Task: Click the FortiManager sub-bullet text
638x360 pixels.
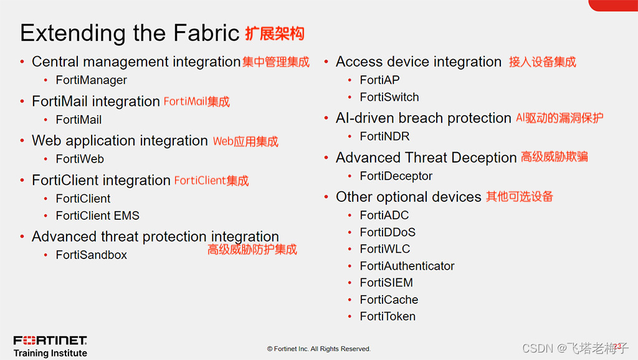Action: [91, 80]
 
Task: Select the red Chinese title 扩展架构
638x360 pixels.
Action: [275, 33]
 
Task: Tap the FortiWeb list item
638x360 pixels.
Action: [80, 159]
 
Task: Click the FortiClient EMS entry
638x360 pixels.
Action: [97, 216]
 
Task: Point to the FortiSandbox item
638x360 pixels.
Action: [91, 255]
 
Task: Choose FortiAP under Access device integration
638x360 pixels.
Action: [379, 80]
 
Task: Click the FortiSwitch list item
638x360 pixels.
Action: [389, 97]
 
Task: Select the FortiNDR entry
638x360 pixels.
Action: [384, 136]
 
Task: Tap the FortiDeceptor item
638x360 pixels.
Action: [396, 176]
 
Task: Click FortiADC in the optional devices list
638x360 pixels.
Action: [384, 216]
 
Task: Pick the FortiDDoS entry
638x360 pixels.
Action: [388, 232]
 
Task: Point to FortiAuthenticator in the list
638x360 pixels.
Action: [407, 266]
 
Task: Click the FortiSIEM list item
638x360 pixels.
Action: [386, 283]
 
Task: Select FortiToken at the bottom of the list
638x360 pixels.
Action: [388, 316]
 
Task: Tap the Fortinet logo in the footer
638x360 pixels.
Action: [50, 340]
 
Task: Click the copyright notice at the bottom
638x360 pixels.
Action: [318, 349]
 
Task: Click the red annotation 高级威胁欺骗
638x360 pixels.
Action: [554, 157]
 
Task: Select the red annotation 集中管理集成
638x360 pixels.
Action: [275, 62]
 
